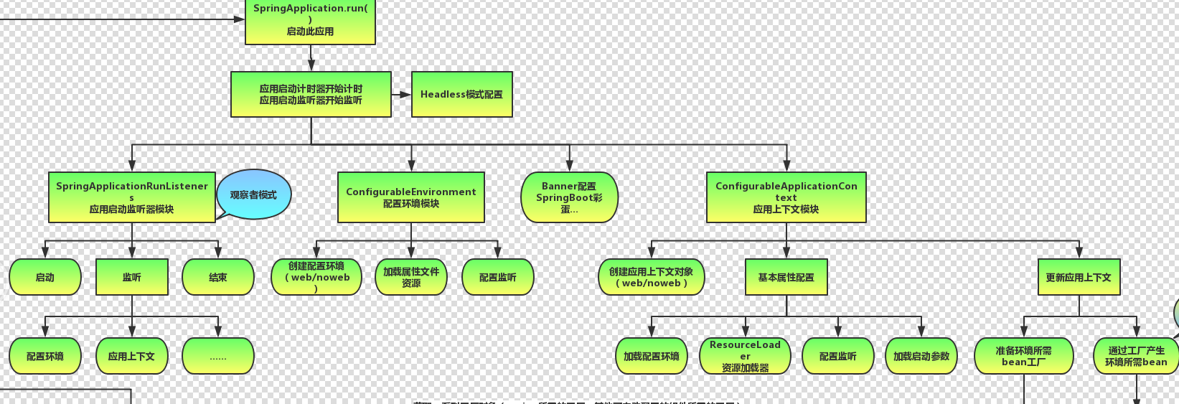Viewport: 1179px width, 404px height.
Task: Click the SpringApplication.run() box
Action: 310,22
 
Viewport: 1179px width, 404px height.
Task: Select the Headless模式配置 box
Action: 461,94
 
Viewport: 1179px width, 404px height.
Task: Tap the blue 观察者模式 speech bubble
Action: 254,194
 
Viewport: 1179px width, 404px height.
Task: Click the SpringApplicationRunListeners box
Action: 132,197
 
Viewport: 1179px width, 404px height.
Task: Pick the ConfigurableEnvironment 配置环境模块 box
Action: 411,197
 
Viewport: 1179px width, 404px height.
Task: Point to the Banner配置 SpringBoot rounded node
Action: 569,197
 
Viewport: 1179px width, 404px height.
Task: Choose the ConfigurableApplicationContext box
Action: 786,197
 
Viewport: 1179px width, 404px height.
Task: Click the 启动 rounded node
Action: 45,277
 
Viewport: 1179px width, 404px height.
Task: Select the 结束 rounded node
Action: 218,277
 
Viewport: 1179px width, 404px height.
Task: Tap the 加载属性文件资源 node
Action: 411,277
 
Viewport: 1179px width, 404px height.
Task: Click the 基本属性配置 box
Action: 786,277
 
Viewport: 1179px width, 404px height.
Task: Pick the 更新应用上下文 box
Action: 1079,277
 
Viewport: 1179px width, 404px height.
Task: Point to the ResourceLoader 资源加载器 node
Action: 745,356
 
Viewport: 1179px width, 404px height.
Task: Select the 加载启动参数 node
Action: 921,356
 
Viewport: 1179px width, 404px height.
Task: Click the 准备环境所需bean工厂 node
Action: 1023,356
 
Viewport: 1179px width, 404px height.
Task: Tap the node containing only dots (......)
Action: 218,356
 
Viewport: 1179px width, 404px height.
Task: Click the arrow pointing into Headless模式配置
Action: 402,94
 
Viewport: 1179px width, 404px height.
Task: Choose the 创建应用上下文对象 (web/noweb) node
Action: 652,277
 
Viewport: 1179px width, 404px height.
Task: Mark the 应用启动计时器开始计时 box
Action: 311,94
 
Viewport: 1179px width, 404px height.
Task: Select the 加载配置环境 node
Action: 652,356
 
